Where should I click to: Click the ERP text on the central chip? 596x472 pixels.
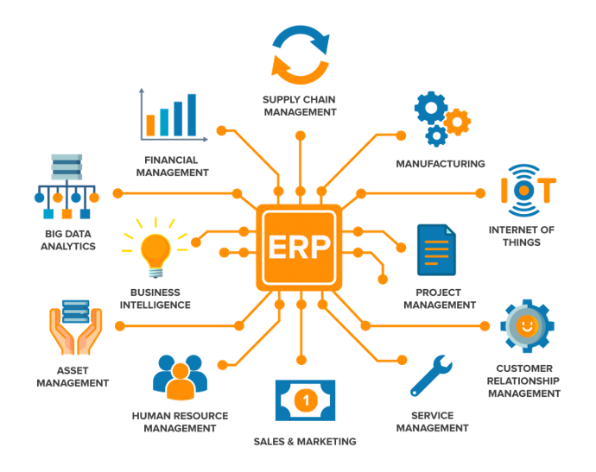pyautogui.click(x=299, y=247)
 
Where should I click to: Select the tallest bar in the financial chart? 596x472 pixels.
pyautogui.click(x=192, y=115)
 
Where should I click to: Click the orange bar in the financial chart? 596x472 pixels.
pyautogui.click(x=150, y=125)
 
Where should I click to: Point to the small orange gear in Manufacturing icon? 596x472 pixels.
pyautogui.click(x=457, y=122)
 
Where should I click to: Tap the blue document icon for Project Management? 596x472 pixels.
pyautogui.click(x=436, y=249)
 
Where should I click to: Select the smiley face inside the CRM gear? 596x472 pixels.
pyautogui.click(x=527, y=325)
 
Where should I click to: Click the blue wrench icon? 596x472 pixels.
pyautogui.click(x=431, y=376)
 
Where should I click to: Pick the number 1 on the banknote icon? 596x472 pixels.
pyautogui.click(x=306, y=400)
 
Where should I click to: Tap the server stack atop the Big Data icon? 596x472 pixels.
pyautogui.click(x=67, y=167)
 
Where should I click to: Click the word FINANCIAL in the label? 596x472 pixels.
pyautogui.click(x=171, y=160)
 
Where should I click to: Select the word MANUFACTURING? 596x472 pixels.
pyautogui.click(x=441, y=164)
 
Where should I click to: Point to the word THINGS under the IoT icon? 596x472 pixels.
pyautogui.click(x=522, y=242)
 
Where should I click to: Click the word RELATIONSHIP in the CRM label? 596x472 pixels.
pyautogui.click(x=523, y=381)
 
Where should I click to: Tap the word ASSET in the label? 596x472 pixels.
pyautogui.click(x=73, y=371)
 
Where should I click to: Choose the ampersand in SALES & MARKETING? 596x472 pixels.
pyautogui.click(x=290, y=442)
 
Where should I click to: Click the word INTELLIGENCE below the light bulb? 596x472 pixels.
pyautogui.click(x=155, y=305)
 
